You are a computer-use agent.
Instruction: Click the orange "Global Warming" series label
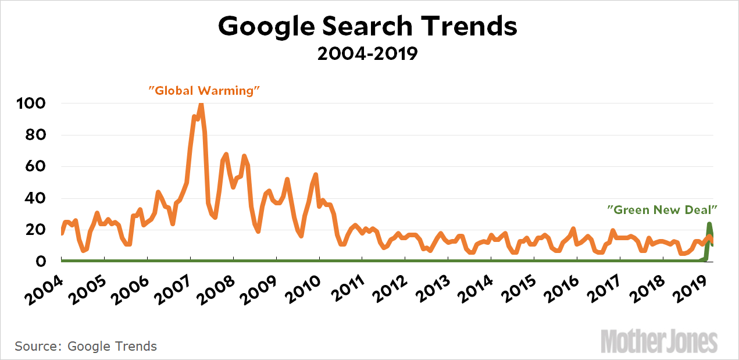tap(204, 90)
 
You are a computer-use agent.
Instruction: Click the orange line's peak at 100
tap(201, 105)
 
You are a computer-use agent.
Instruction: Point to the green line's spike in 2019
tap(709, 224)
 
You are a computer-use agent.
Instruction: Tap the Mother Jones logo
tap(659, 340)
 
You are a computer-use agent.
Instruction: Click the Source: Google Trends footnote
tap(86, 346)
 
